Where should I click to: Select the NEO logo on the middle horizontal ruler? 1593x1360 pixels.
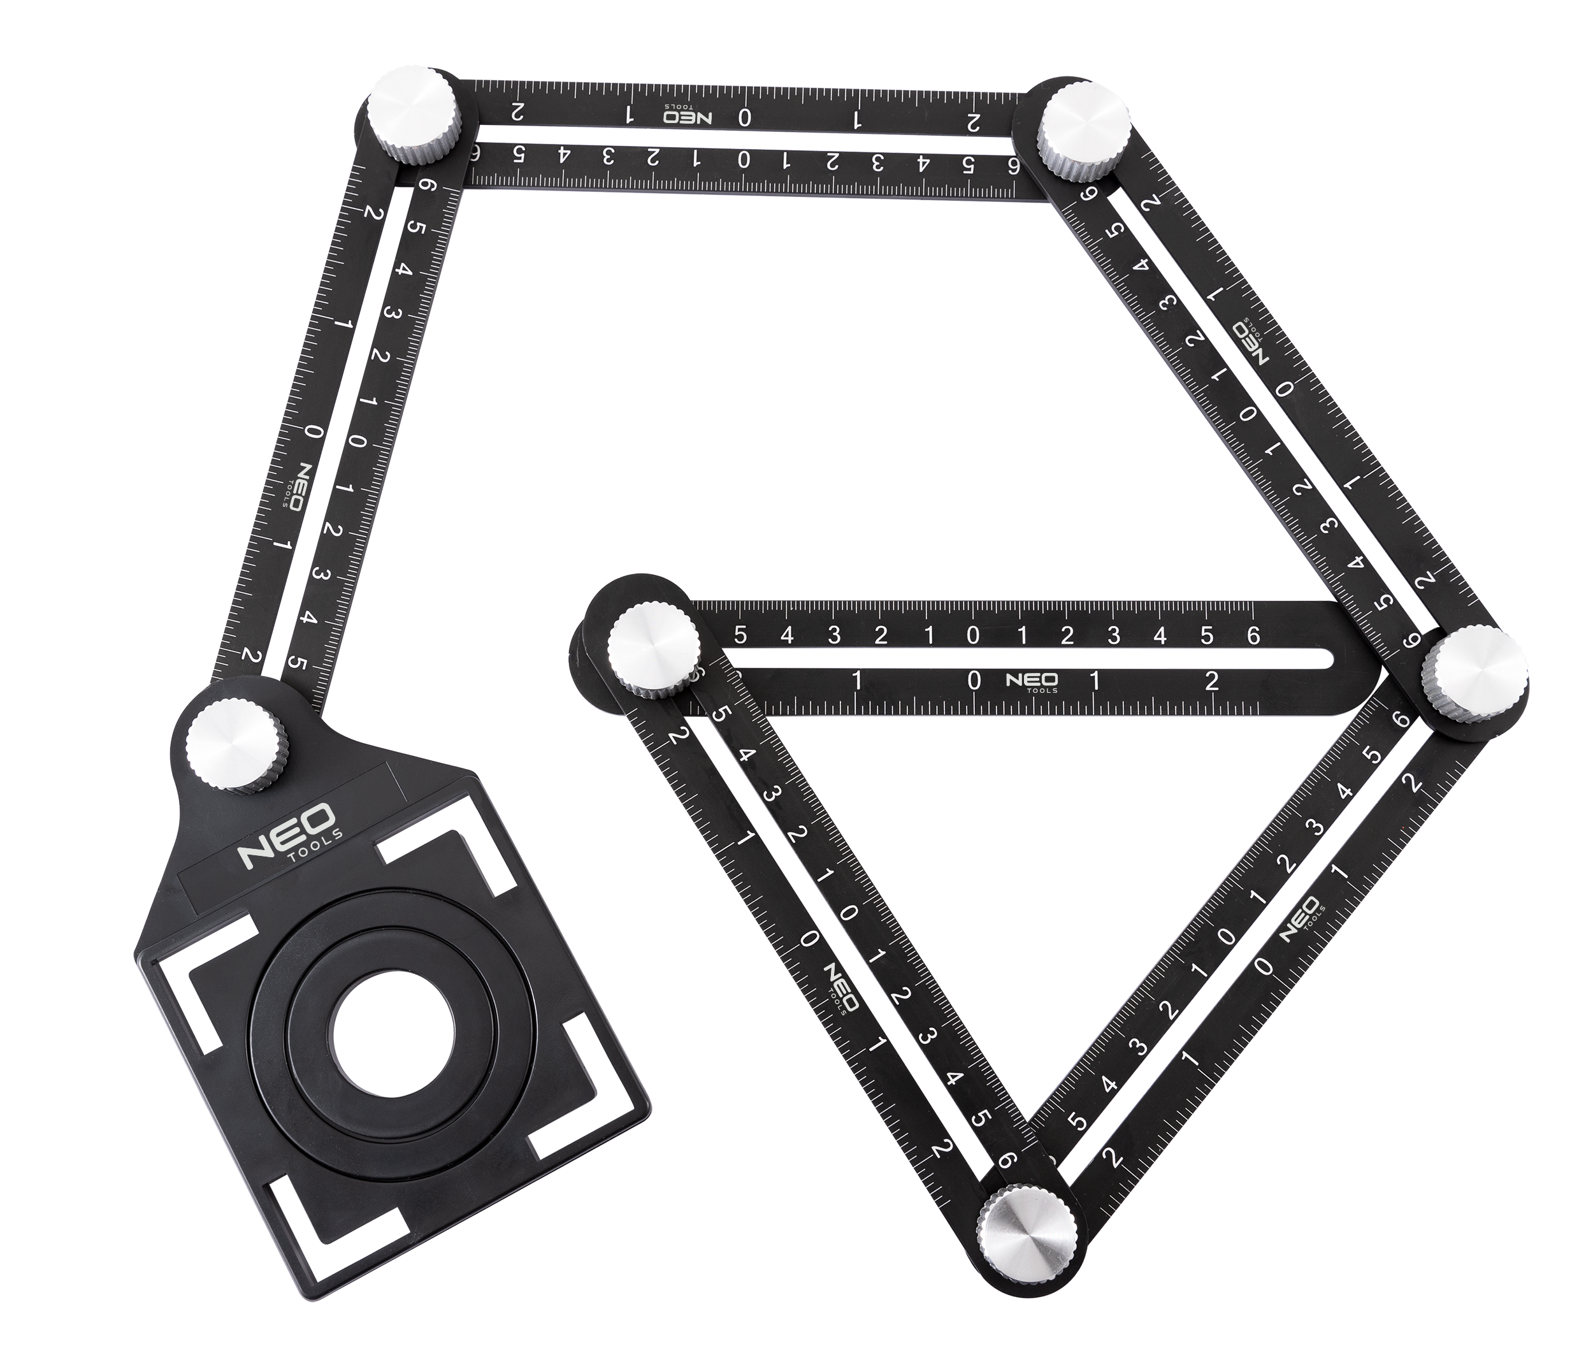point(1032,682)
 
